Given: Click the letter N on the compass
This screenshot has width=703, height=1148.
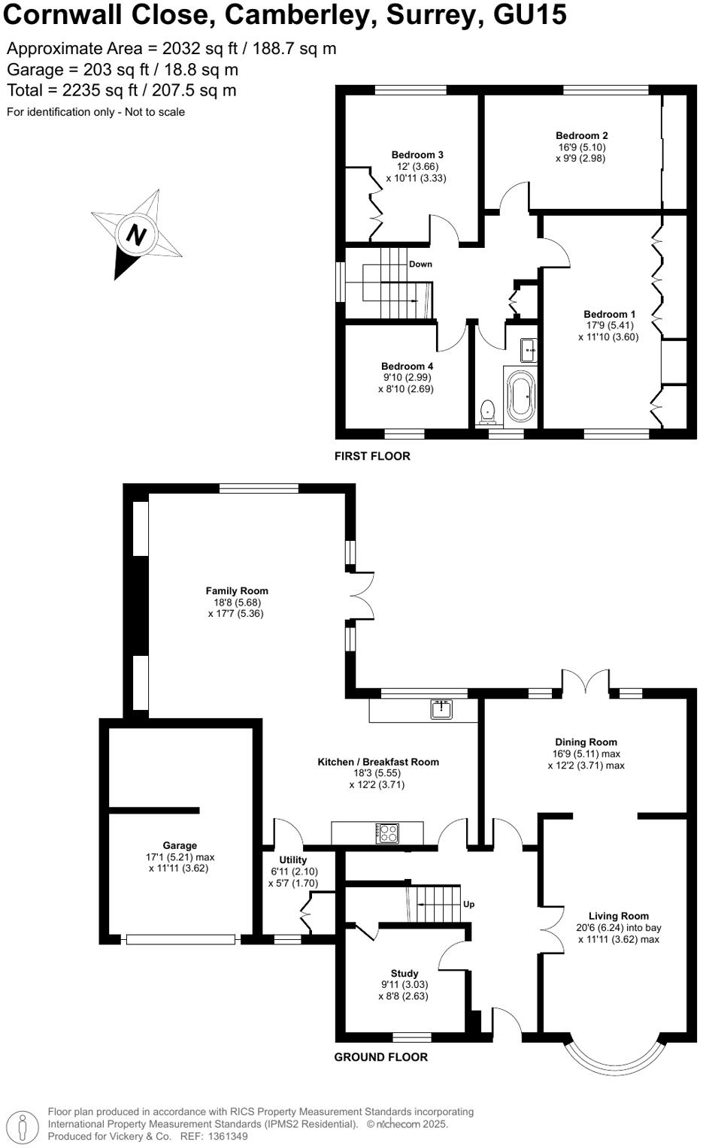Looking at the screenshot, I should point(135,234).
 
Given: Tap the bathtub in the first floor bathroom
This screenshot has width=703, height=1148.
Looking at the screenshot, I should point(521,395).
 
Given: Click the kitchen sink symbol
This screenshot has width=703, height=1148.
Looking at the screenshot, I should point(441,708).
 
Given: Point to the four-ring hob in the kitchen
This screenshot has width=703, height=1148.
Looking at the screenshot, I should point(387,832).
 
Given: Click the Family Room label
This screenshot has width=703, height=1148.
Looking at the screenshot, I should point(237,591).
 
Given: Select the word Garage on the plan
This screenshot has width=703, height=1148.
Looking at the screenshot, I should point(180,845).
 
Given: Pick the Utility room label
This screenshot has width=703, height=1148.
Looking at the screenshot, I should point(292,860).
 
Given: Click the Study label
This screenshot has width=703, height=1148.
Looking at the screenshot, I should point(405,973).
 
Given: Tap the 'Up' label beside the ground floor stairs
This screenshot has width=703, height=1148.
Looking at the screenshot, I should point(468,904).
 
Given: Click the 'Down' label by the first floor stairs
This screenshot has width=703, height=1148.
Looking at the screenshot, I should point(420,264).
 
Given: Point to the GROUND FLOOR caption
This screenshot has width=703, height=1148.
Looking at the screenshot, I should point(380,1057).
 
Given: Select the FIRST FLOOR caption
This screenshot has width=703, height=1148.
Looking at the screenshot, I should point(372,456).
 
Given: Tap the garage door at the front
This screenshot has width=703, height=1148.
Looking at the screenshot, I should point(180,939).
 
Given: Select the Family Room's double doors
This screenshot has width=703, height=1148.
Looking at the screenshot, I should point(362,597).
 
